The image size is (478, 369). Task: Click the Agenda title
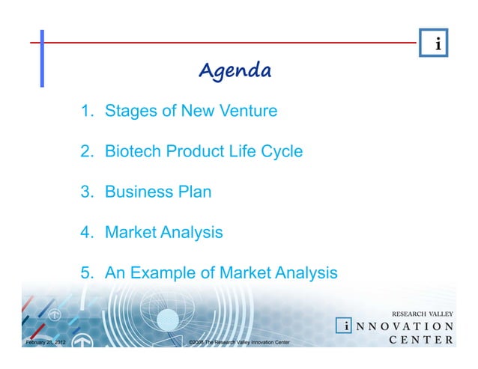point(235,71)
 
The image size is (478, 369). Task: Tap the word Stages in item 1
point(130,112)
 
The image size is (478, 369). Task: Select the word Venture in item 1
point(247,112)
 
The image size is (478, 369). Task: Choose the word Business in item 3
point(137,192)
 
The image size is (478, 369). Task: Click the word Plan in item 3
point(193,192)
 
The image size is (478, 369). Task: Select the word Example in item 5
point(163,273)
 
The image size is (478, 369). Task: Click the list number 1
point(88,112)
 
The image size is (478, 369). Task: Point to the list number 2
point(88,151)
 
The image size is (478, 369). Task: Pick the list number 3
point(88,192)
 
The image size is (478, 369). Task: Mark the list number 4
point(88,232)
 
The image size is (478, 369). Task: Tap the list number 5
point(88,273)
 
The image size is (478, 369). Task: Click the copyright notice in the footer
point(239,342)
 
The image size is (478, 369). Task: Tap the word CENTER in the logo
point(422,341)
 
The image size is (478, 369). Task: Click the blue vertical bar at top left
point(42,58)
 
